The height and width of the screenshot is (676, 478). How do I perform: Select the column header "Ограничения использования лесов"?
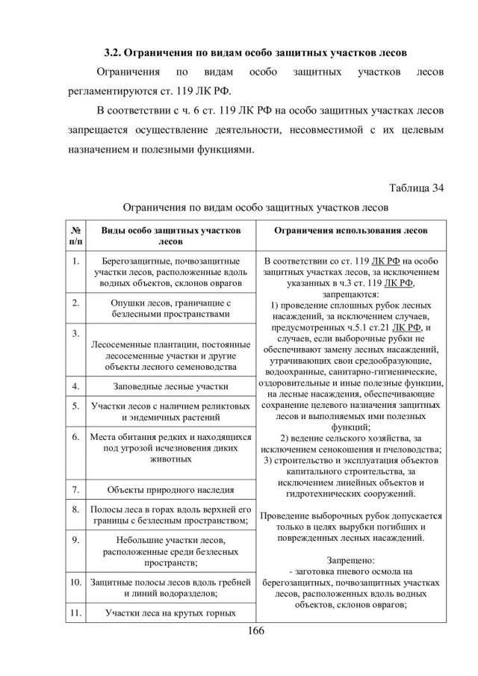(x=350, y=232)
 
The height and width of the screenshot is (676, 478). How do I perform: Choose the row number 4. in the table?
(x=75, y=387)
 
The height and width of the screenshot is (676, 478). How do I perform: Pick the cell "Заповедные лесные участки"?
(x=170, y=387)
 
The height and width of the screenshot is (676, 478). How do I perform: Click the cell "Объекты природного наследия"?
(x=170, y=491)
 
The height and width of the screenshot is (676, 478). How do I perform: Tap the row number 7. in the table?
(x=75, y=490)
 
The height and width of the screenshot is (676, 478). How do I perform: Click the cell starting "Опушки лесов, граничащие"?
(x=170, y=308)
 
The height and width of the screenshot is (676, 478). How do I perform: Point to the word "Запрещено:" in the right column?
(x=350, y=559)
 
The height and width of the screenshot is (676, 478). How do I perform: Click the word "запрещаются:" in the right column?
(x=350, y=295)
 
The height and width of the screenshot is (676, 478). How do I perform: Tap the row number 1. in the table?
(x=75, y=262)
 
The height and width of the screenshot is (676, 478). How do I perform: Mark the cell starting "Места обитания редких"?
(x=170, y=447)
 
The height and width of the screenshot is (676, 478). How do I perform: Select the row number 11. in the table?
(x=75, y=613)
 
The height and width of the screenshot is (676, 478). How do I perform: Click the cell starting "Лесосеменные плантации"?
(x=170, y=356)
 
